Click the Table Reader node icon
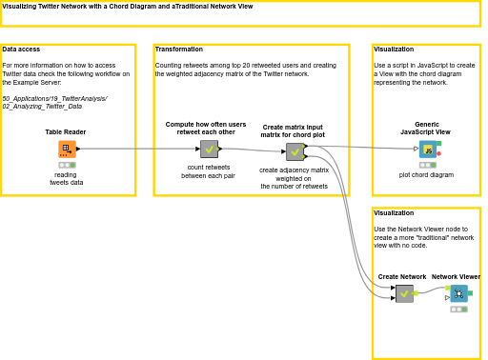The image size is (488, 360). (x=66, y=149)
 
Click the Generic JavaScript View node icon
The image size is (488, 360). (x=428, y=150)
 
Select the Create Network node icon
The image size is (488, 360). (x=404, y=293)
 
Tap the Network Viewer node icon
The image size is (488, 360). (x=459, y=293)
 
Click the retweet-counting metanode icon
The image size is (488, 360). (x=209, y=149)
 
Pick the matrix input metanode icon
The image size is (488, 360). (x=295, y=151)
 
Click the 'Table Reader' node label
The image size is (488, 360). (x=66, y=132)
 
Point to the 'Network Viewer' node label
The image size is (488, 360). (x=456, y=277)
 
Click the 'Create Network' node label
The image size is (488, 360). (x=402, y=277)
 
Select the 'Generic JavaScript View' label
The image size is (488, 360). (x=426, y=128)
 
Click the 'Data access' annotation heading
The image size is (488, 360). (x=21, y=49)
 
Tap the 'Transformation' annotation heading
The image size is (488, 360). (x=178, y=49)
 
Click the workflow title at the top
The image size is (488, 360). (x=128, y=6)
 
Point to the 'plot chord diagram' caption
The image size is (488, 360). (x=426, y=175)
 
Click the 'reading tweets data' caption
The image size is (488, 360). (x=66, y=178)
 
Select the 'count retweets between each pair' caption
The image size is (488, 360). (x=209, y=171)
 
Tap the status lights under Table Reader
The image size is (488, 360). (x=66, y=165)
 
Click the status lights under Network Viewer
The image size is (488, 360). (x=458, y=310)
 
